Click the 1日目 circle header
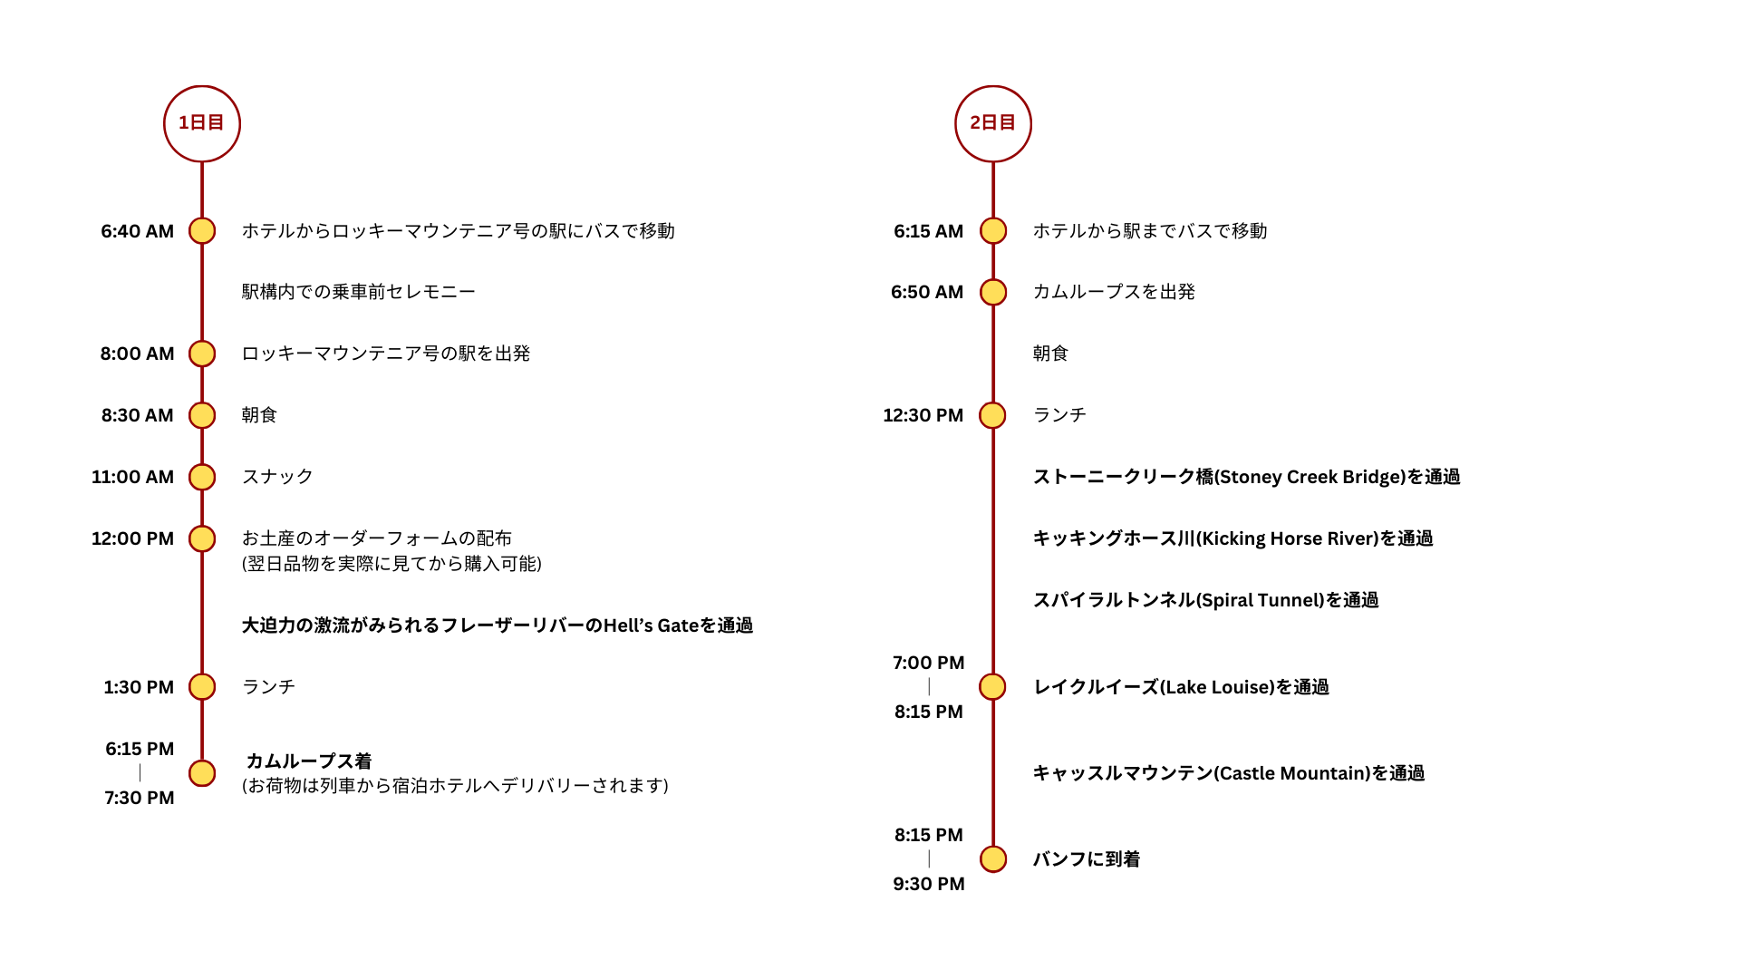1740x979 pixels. click(202, 124)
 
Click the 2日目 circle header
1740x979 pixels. click(993, 124)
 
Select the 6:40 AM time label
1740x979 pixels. click(137, 231)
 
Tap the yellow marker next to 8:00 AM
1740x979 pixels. click(202, 354)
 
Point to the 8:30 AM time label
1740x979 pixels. click(137, 415)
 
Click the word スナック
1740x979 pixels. click(277, 477)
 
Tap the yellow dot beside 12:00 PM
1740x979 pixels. click(202, 538)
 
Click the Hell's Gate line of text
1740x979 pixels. click(498, 625)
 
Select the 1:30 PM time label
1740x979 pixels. click(139, 687)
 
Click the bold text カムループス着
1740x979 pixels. click(309, 761)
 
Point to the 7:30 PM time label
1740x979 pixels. click(140, 798)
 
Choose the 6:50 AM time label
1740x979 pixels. click(927, 292)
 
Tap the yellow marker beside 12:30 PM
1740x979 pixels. click(993, 415)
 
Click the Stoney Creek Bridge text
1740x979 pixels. click(1247, 477)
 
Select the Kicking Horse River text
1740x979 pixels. click(1233, 538)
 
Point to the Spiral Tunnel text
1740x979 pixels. click(1206, 600)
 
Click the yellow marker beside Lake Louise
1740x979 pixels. click(993, 687)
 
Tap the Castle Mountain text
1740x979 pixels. click(1229, 773)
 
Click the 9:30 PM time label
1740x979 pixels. click(929, 884)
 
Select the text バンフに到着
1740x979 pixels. click(1087, 859)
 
